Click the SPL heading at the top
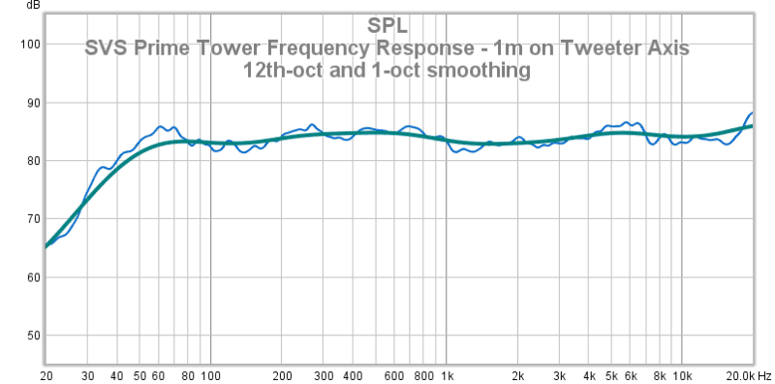[x=387, y=25]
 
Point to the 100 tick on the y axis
[x=29, y=45]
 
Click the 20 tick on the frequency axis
[x=46, y=374]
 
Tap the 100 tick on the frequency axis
[x=210, y=374]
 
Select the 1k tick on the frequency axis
[x=447, y=374]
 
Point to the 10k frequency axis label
[x=682, y=374]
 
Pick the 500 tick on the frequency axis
[x=376, y=374]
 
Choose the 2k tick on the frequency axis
[x=517, y=374]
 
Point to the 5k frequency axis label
[x=611, y=374]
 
